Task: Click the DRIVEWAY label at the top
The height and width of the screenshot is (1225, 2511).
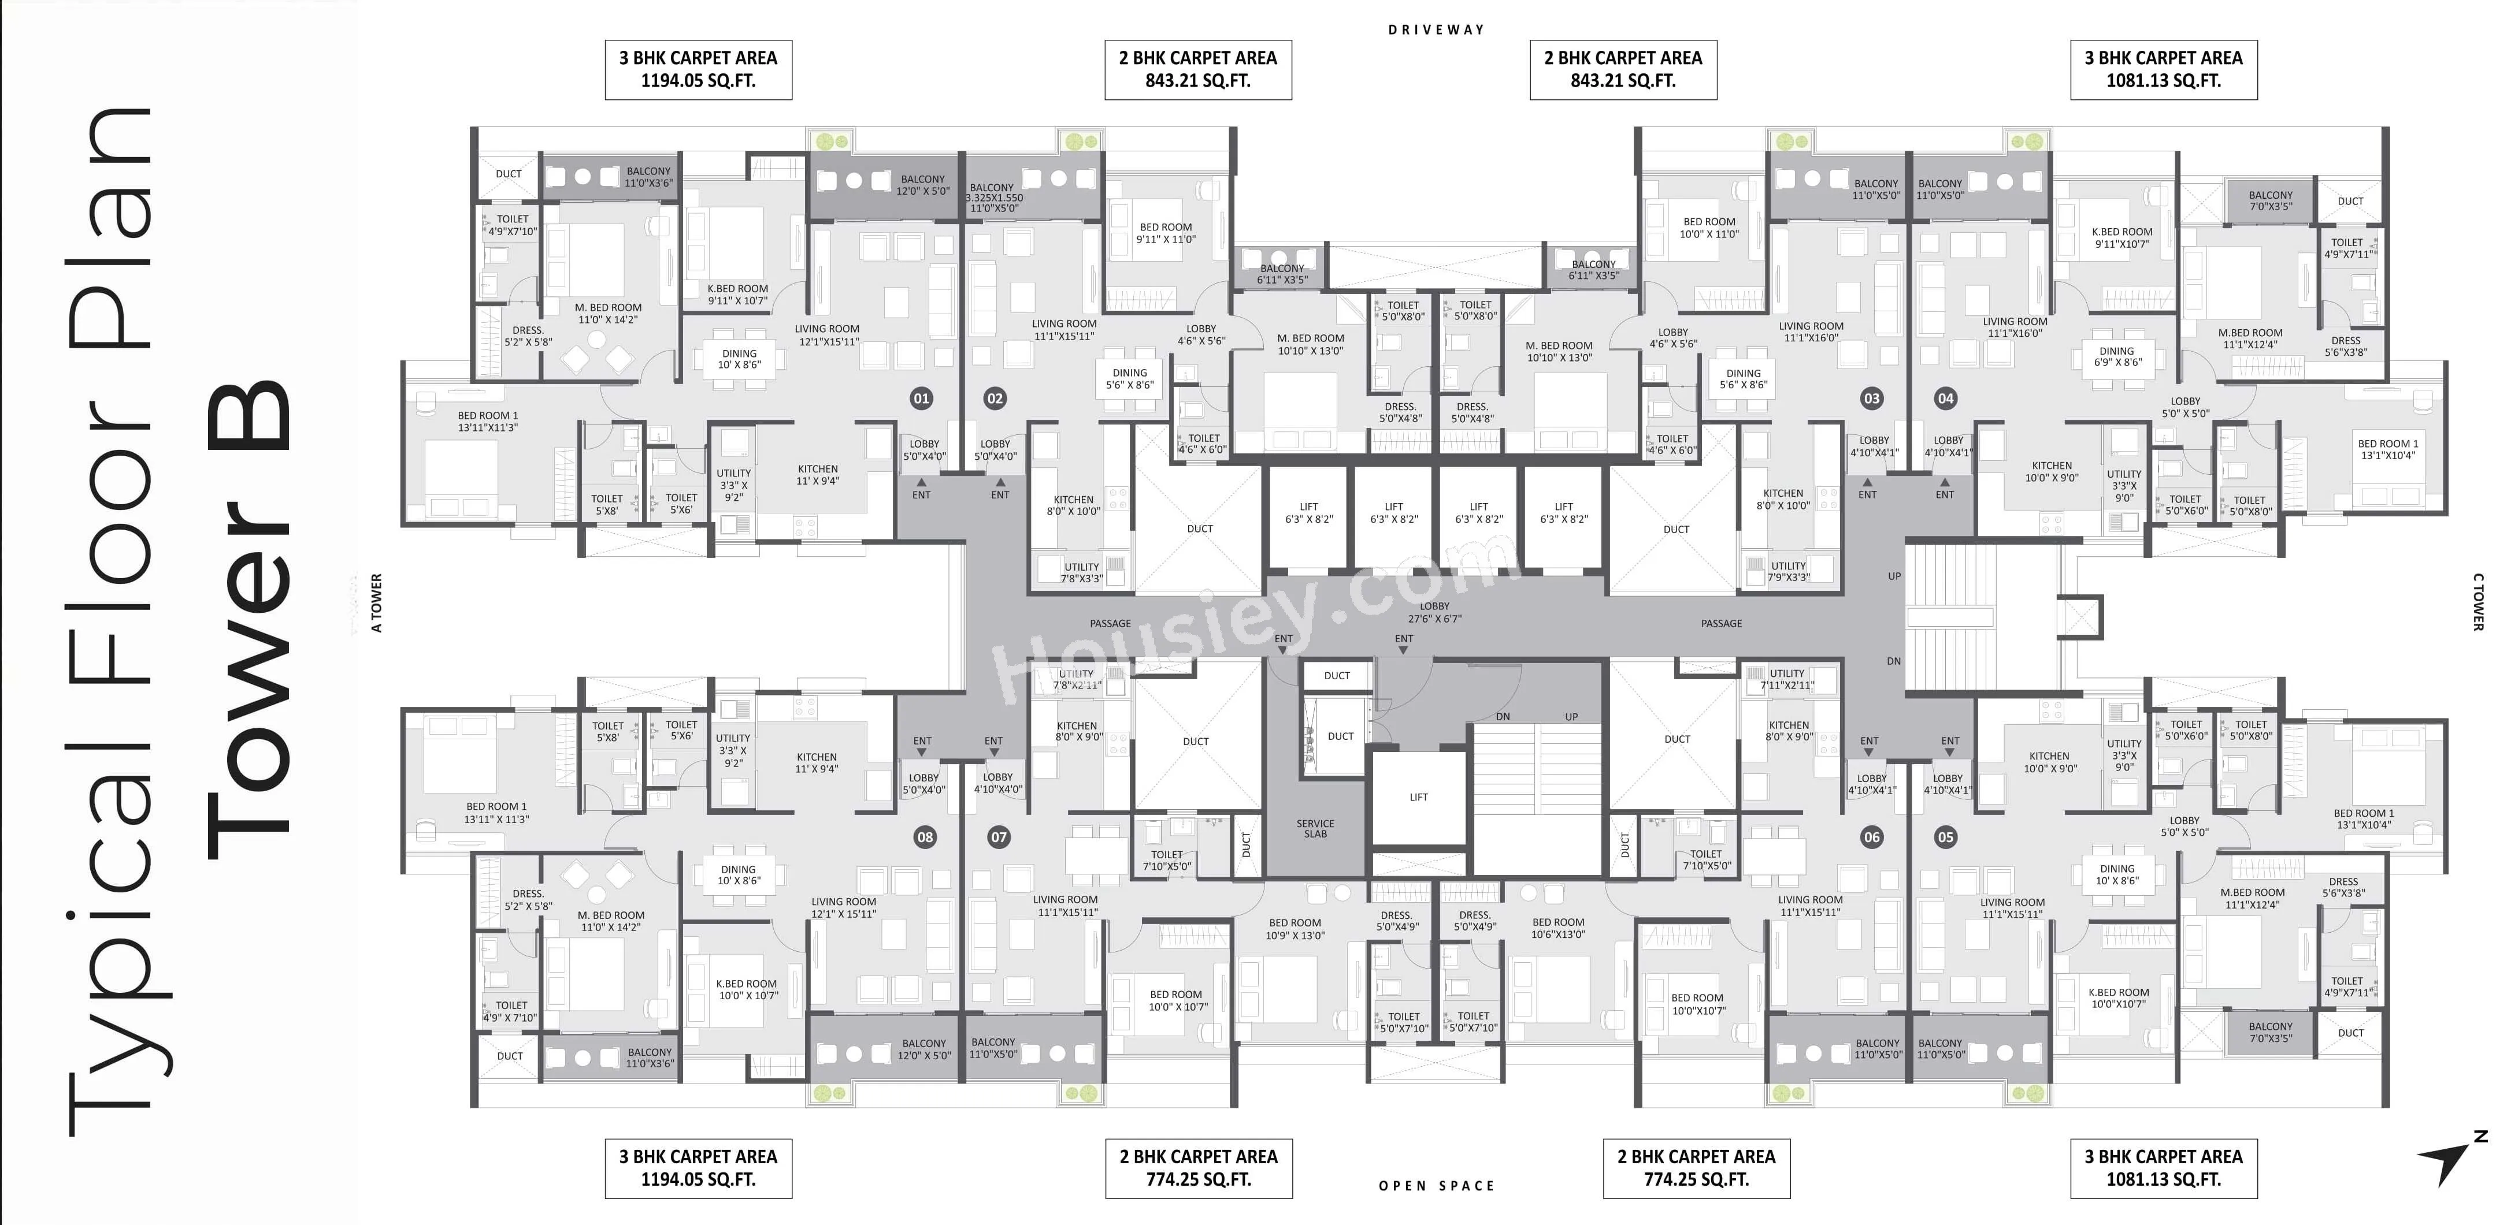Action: click(1436, 30)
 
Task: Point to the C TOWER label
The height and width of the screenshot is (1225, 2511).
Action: click(2478, 601)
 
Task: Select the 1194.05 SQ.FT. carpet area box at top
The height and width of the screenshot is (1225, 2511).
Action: click(698, 69)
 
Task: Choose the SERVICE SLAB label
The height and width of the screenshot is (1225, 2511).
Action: click(1315, 828)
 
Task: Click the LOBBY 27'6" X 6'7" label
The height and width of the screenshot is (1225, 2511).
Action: click(1435, 613)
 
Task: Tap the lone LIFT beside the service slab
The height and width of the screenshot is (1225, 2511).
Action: click(1418, 797)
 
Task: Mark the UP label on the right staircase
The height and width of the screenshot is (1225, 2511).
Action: click(1894, 576)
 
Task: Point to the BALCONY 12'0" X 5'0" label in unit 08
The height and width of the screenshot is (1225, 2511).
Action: click(924, 1049)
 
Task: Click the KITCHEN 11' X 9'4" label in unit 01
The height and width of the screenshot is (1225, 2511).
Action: click(818, 475)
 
